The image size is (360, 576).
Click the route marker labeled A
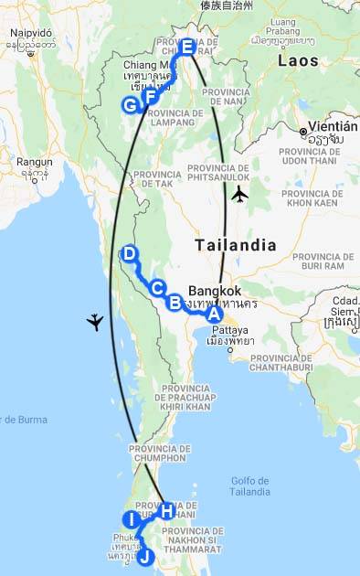[x=214, y=313]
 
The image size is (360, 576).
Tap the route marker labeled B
[x=174, y=301]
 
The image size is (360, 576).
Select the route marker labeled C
[x=157, y=287]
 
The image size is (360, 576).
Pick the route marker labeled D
[x=129, y=253]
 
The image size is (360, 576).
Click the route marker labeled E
[x=186, y=47]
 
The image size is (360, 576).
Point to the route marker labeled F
[x=151, y=96]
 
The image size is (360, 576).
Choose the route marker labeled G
[x=131, y=105]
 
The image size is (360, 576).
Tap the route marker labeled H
[x=166, y=510]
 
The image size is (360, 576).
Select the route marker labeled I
[x=132, y=519]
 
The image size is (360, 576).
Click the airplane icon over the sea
[x=95, y=321]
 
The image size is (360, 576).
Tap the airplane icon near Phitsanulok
[x=239, y=193]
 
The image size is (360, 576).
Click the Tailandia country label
[x=236, y=245]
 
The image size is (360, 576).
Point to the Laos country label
[x=299, y=61]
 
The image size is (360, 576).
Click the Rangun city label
[x=34, y=162]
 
